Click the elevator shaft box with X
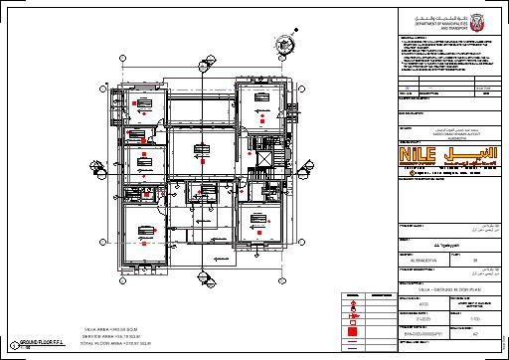pos(263,159)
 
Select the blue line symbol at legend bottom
pos(354,347)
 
